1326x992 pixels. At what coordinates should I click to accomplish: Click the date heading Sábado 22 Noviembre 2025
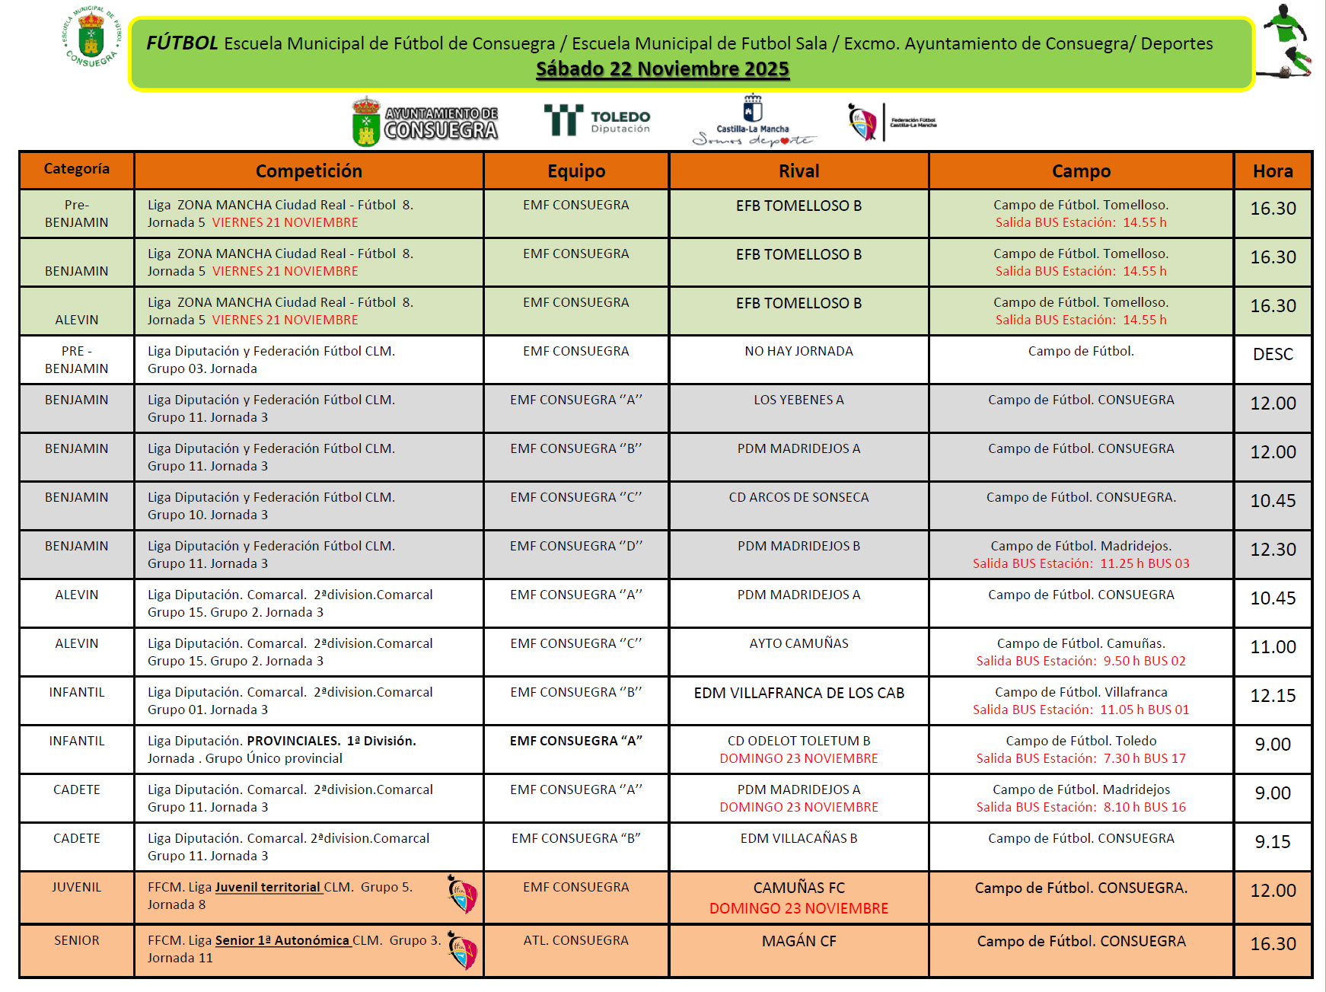(662, 69)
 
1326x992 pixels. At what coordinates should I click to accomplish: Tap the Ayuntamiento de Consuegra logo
(425, 122)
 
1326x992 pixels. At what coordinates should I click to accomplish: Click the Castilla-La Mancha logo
(753, 120)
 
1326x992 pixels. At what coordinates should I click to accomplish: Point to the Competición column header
(308, 171)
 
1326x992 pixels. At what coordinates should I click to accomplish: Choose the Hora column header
(1273, 171)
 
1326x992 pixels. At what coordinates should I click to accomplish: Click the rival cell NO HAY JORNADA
(798, 351)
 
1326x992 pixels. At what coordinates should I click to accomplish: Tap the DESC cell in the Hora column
(1273, 354)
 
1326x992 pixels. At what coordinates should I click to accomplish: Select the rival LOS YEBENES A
(798, 400)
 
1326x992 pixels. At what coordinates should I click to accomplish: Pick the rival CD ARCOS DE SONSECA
(798, 497)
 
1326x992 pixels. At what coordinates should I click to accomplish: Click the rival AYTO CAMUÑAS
(798, 643)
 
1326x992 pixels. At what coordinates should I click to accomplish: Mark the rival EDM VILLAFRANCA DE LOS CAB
(798, 693)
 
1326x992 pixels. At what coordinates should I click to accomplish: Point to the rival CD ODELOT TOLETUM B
(798, 741)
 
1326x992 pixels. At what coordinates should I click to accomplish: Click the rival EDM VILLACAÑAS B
(798, 838)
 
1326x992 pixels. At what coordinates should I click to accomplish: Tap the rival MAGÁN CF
(798, 941)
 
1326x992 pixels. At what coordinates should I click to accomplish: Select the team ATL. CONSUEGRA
(575, 940)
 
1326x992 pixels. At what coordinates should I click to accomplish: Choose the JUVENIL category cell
(76, 887)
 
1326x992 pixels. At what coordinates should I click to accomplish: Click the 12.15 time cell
(1273, 696)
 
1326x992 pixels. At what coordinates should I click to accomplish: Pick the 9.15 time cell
(1273, 842)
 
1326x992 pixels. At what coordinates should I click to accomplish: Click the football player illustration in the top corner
(1288, 42)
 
